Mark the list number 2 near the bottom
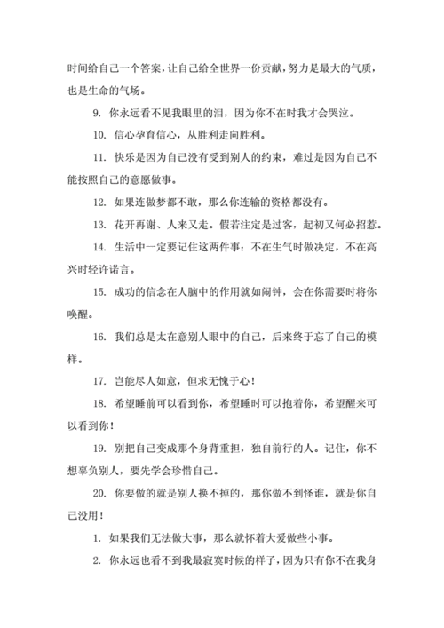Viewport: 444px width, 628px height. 95,561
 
